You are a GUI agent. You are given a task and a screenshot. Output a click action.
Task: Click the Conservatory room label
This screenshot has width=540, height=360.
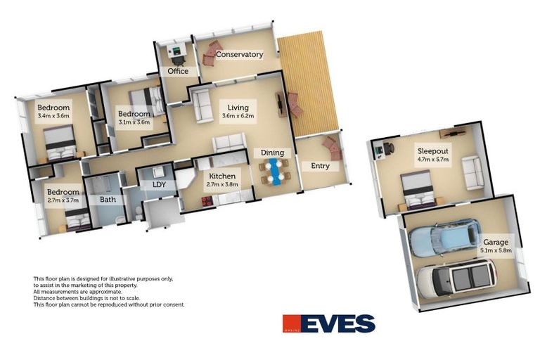coord(239,54)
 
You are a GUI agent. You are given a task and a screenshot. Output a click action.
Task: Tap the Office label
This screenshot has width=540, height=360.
coord(177,71)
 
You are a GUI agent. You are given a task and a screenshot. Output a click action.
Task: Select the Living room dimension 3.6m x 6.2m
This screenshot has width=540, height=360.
coord(238,116)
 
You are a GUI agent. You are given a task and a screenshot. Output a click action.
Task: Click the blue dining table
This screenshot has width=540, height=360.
coord(274,171)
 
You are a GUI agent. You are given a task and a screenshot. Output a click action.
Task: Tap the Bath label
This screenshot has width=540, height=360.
coord(108,200)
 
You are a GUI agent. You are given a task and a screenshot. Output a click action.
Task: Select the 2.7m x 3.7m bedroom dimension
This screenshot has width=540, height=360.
coord(63,200)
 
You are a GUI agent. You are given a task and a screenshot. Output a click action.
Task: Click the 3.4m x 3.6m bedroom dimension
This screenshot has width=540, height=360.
coord(53,116)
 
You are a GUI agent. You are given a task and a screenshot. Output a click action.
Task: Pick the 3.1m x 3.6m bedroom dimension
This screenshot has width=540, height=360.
coord(134,122)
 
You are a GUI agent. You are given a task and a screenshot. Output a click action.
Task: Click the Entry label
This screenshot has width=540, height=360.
coord(320,166)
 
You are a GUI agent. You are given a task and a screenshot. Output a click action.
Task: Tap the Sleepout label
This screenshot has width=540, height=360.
coord(433,150)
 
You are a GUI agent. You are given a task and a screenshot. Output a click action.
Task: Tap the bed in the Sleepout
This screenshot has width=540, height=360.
coord(420,191)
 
